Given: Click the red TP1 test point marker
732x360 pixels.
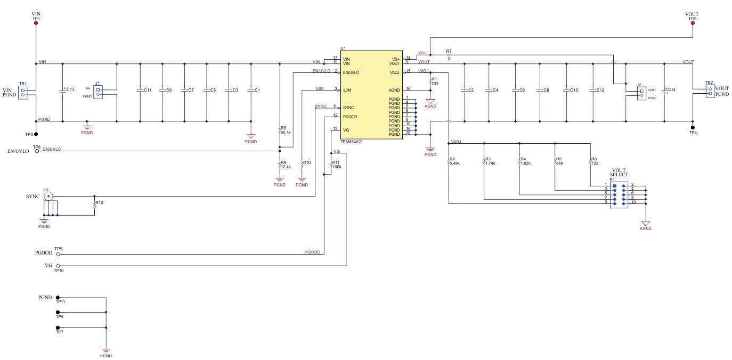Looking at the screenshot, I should (x=36, y=23).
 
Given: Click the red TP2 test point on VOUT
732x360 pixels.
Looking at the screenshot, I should (x=693, y=23).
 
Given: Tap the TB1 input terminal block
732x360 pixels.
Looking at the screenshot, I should (x=23, y=93).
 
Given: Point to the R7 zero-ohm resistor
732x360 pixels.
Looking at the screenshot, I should (x=449, y=54).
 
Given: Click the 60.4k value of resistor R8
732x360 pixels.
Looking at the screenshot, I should (x=287, y=132).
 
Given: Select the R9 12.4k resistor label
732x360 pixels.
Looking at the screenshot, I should (x=285, y=165).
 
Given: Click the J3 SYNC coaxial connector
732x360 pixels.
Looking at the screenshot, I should (x=48, y=197).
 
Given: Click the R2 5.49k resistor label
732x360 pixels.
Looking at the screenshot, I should (x=454, y=161).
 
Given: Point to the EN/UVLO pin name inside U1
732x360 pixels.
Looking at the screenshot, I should (x=351, y=72).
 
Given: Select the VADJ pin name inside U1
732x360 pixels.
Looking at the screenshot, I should (x=394, y=72).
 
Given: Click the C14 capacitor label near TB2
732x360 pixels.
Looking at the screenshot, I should (x=671, y=89).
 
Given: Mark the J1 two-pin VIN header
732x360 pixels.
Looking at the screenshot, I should (x=98, y=92).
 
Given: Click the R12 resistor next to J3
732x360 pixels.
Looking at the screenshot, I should (x=95, y=203).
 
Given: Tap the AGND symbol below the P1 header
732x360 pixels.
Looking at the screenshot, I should (x=646, y=224).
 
